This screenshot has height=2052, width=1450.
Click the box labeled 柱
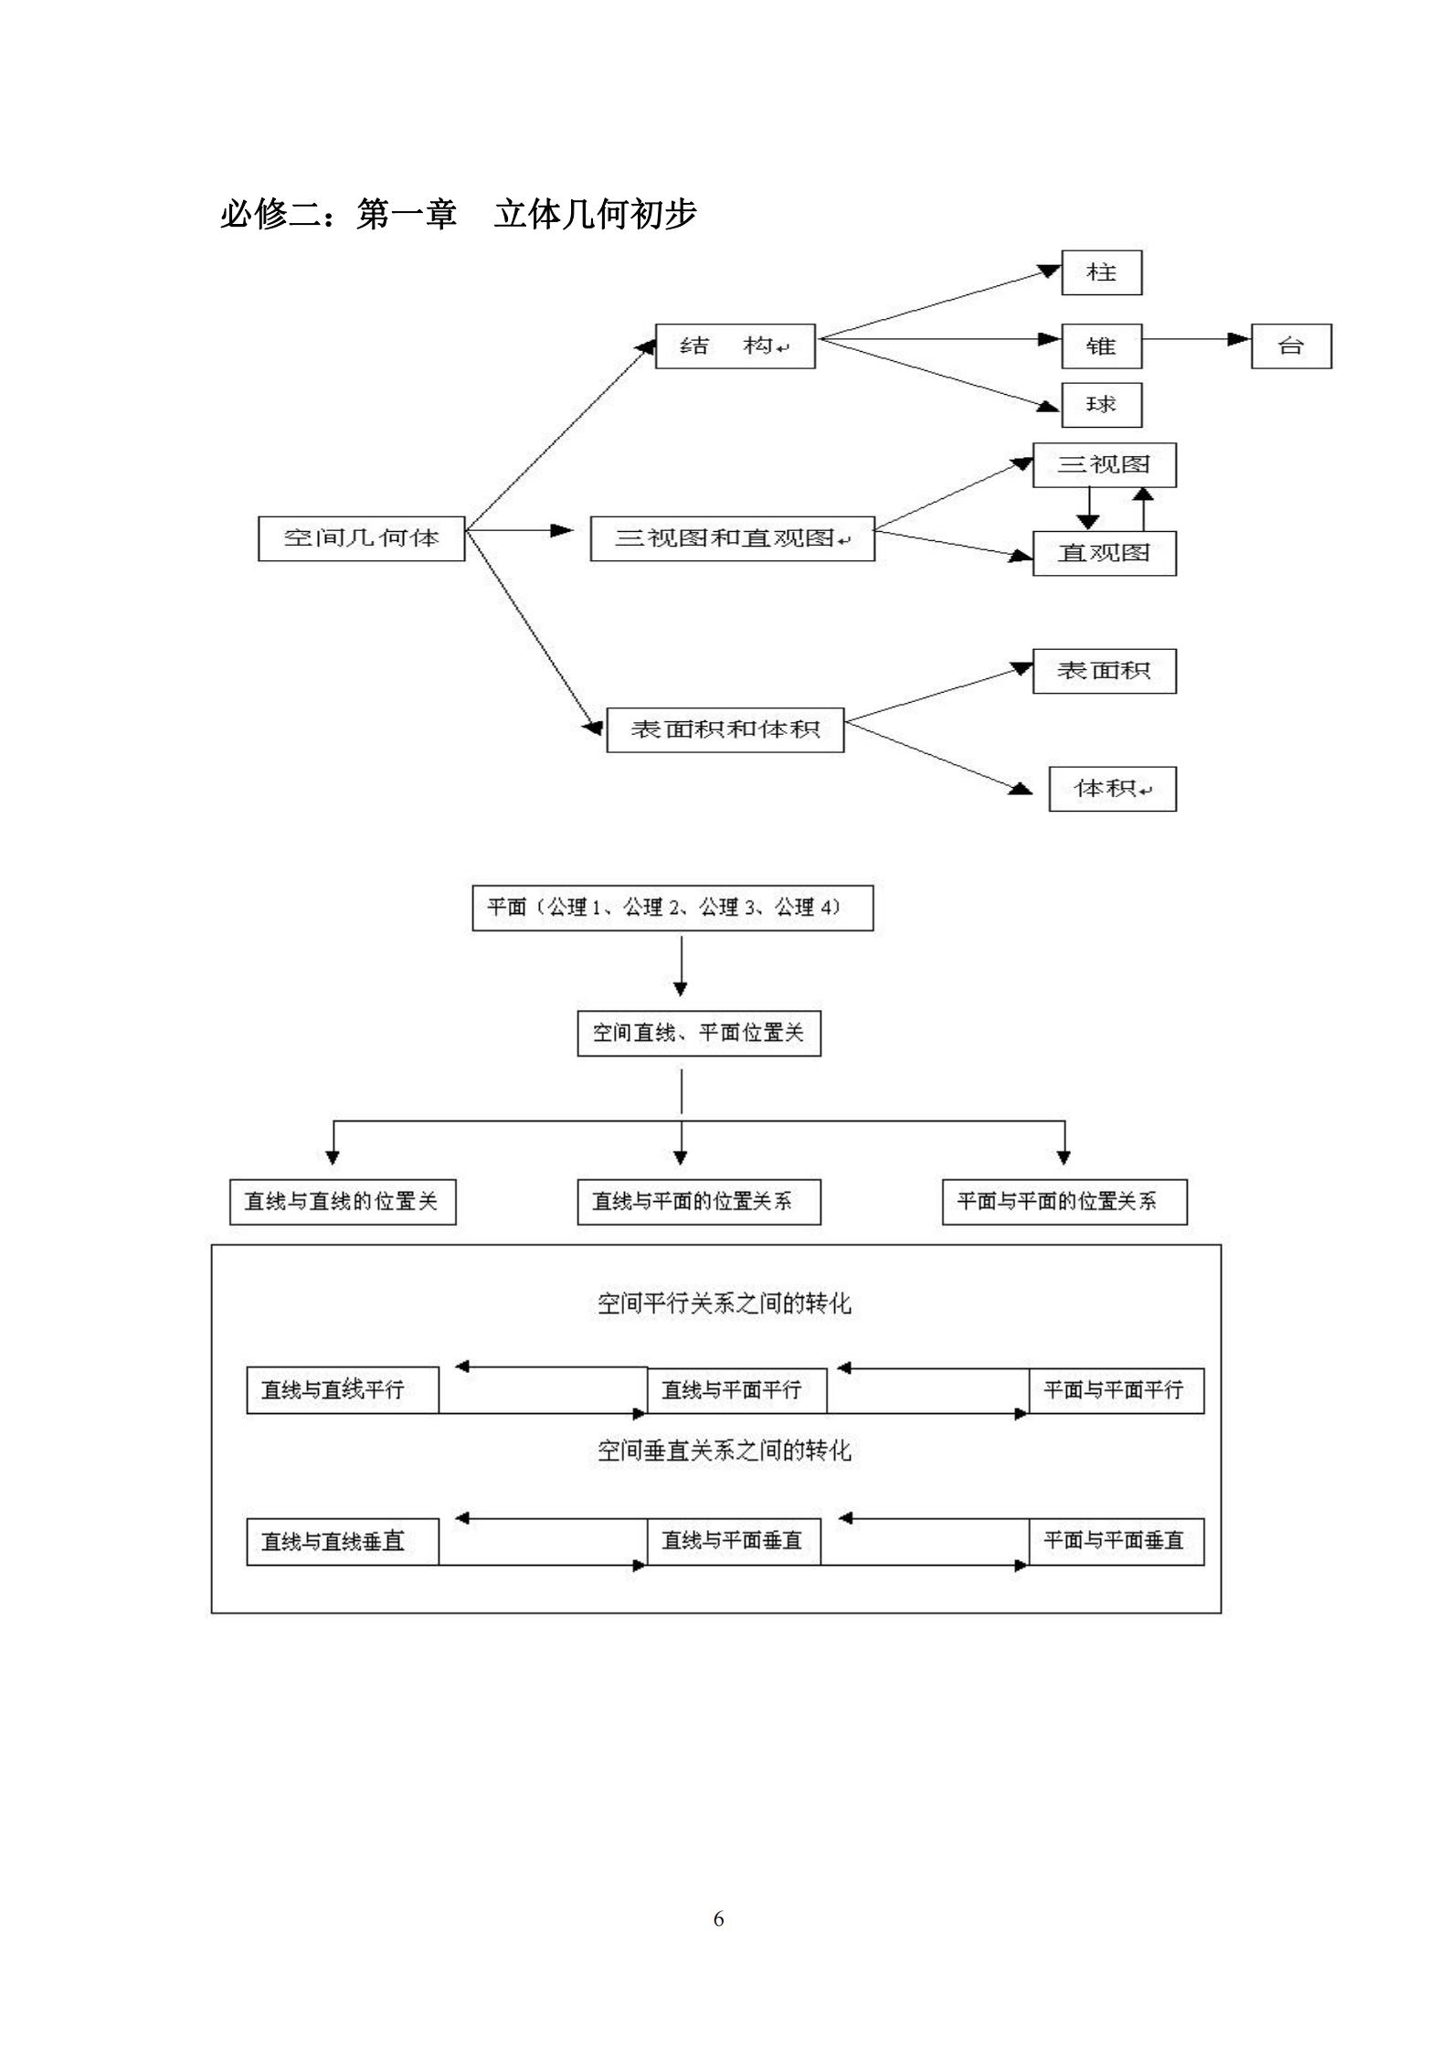pos(1101,272)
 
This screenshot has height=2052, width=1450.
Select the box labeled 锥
pos(1101,346)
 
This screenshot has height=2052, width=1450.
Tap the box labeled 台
pos(1290,346)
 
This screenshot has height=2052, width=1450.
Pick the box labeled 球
pos(1101,405)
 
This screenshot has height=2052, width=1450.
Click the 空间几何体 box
pos(361,538)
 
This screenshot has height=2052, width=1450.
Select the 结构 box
pos(735,346)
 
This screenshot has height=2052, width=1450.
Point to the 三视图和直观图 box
pos(732,538)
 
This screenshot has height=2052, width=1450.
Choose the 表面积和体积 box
pos(725,729)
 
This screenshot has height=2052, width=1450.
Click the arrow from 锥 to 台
pos(1196,339)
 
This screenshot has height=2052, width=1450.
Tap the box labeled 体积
pos(1112,789)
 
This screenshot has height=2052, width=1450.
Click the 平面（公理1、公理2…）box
pos(672,908)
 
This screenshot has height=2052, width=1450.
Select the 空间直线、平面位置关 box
pos(699,1033)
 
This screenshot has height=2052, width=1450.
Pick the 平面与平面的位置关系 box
pos(1064,1201)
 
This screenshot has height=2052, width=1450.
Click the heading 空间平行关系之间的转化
pos(724,1302)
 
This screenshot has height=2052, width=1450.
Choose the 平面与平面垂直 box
pos(1116,1541)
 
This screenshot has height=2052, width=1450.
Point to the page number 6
pos(718,1919)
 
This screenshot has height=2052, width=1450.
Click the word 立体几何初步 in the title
pos(596,214)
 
